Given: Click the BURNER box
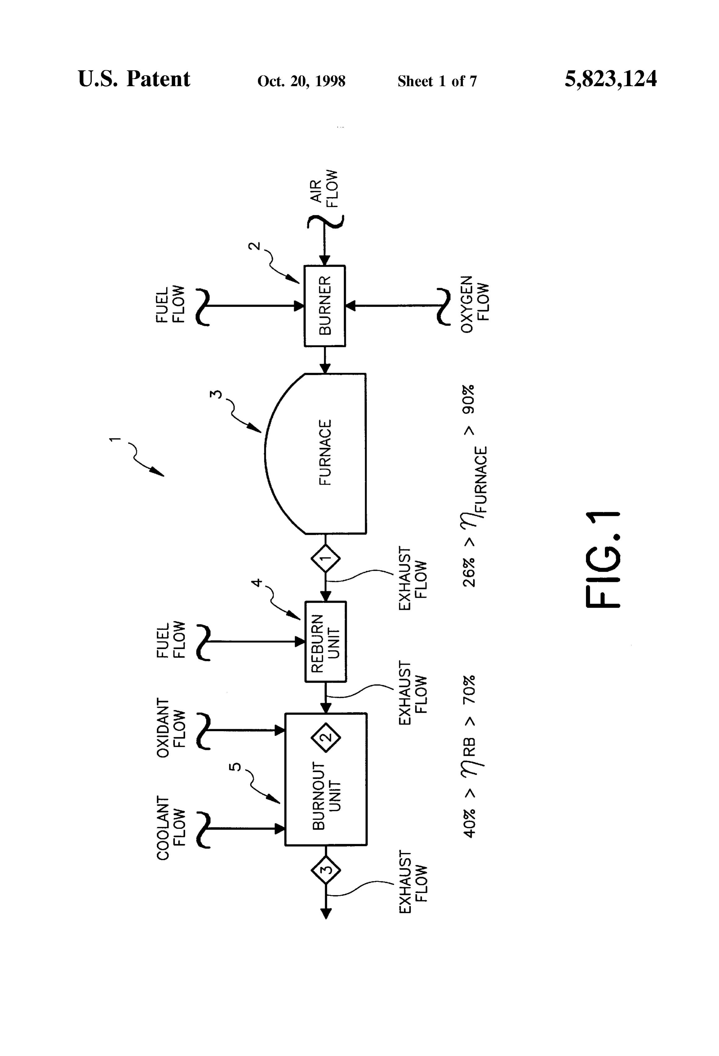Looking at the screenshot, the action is (x=324, y=306).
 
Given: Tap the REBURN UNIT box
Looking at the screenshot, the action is (x=325, y=642).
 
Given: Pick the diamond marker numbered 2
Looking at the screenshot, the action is (x=326, y=737).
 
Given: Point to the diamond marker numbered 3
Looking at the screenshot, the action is (x=326, y=870).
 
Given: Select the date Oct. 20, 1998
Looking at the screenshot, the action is (x=301, y=81).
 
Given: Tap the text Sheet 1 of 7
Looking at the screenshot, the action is (x=437, y=81).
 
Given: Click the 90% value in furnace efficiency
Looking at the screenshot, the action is (x=469, y=399).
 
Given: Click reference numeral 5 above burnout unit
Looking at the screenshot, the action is (x=236, y=767).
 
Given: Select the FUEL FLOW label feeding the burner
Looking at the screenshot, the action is (x=170, y=304).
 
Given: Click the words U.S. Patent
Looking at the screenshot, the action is (x=134, y=79).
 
